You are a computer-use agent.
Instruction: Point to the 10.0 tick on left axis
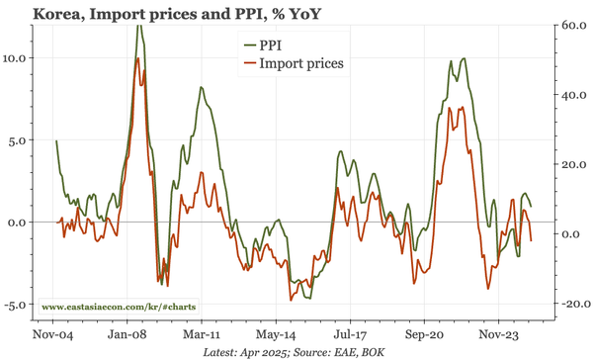(16, 57)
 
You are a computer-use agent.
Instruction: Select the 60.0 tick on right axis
(574, 26)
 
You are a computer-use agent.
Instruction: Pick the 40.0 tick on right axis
(574, 95)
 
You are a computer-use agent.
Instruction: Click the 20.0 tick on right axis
(574, 164)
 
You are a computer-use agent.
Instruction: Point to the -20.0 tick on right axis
(572, 304)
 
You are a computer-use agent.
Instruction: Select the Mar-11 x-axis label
(201, 334)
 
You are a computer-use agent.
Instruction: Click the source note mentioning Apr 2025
(296, 351)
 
